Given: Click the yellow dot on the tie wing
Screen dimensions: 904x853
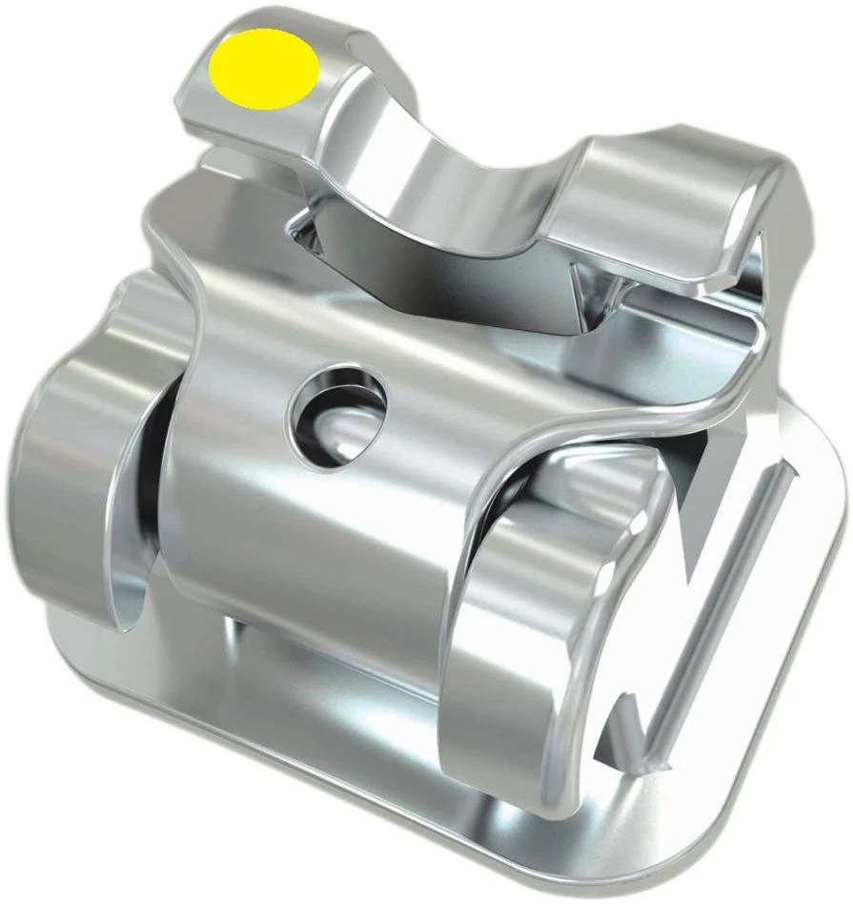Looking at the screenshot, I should coord(265,69).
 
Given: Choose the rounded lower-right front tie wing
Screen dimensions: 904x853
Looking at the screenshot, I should coord(534,648).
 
